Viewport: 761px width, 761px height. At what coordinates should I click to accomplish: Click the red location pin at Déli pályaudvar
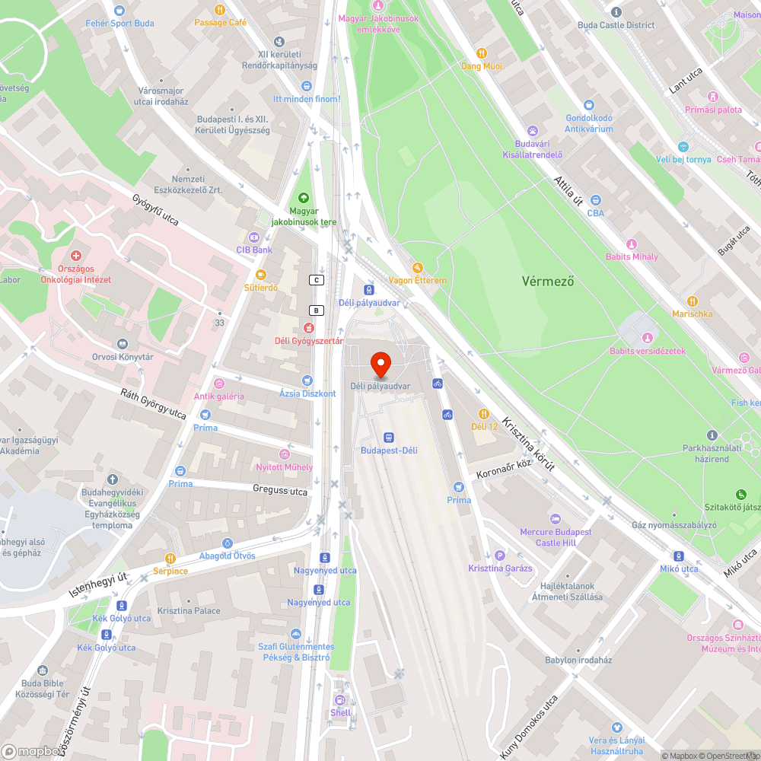(x=380, y=364)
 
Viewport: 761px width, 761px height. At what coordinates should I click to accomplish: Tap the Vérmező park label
(x=548, y=281)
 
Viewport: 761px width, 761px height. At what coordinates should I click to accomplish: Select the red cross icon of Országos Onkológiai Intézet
(x=75, y=257)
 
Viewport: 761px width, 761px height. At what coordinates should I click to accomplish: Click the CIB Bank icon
(x=254, y=237)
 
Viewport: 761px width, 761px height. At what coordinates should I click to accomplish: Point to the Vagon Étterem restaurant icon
(x=417, y=268)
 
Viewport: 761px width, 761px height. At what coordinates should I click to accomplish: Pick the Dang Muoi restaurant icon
(x=482, y=53)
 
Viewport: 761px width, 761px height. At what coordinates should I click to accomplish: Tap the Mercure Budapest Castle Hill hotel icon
(x=555, y=518)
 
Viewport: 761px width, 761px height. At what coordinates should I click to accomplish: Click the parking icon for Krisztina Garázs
(x=499, y=556)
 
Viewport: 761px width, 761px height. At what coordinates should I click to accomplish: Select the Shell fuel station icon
(x=340, y=699)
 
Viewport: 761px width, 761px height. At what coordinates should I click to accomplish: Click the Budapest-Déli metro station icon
(x=389, y=438)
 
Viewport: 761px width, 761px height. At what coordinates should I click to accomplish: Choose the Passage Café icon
(x=220, y=10)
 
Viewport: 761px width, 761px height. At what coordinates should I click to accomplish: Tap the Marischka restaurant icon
(x=692, y=301)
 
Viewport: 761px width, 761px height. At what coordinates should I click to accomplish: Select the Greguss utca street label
(x=281, y=491)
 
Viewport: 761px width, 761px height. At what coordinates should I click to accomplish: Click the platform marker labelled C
(x=317, y=280)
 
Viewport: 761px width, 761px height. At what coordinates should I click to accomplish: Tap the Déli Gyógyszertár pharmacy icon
(x=308, y=328)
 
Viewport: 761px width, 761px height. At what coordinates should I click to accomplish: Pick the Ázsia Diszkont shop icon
(x=307, y=380)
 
